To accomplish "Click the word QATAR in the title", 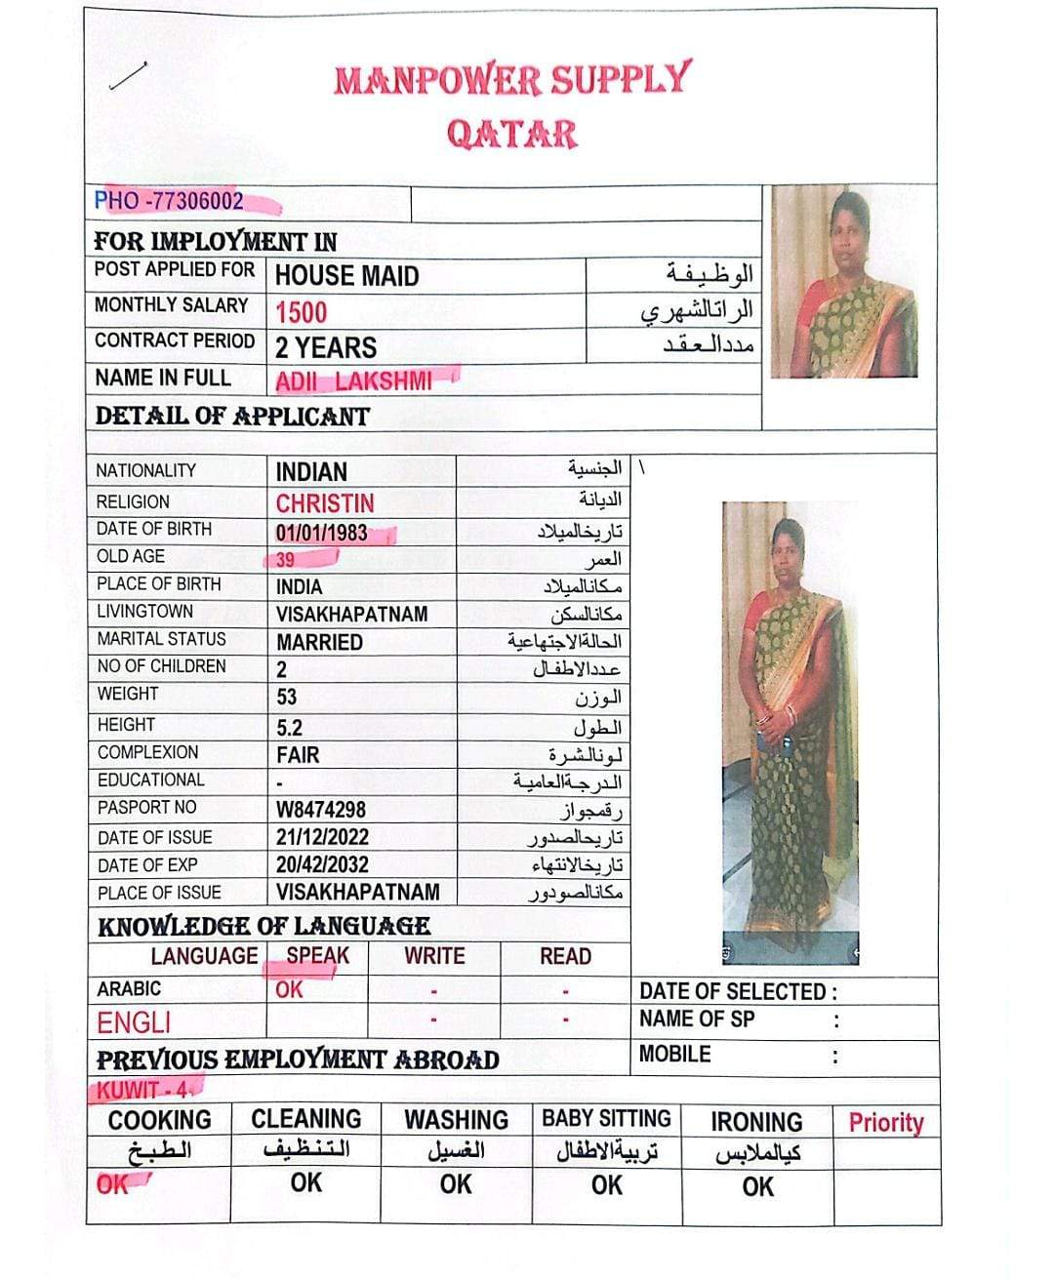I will click(x=512, y=134).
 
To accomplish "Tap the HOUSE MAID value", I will click(x=346, y=276).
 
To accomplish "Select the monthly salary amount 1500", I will click(x=301, y=312).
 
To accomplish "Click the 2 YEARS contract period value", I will click(x=326, y=347).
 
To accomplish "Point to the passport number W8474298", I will click(x=320, y=810).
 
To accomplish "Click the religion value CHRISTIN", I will click(x=325, y=503).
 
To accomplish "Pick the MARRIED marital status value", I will click(x=319, y=643).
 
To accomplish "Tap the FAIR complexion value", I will click(x=298, y=755).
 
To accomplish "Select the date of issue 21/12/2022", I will click(x=322, y=837).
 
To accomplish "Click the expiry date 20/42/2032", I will click(x=322, y=865).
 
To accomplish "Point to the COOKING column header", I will click(x=159, y=1120).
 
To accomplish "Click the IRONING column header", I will click(x=756, y=1122).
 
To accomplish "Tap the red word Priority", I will click(x=885, y=1122).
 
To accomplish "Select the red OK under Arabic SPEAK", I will click(x=289, y=989).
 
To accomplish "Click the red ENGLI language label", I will click(x=134, y=1022).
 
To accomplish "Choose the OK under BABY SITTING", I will click(x=606, y=1185).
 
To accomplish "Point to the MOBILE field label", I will click(x=674, y=1055).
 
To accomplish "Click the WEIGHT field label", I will click(x=127, y=694).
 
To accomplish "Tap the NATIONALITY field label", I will click(x=145, y=470).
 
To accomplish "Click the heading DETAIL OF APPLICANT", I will click(x=232, y=417).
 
